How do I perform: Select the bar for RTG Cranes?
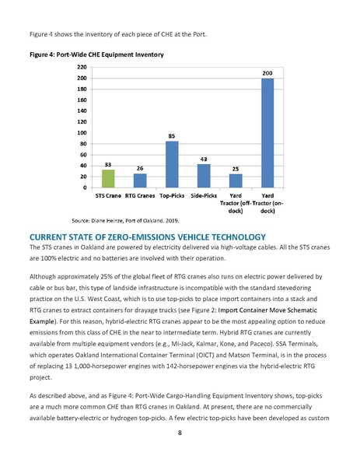point(140,180)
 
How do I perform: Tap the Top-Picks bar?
point(172,164)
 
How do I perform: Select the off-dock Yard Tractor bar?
point(236,180)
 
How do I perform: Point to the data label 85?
point(172,135)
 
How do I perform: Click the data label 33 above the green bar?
point(108,164)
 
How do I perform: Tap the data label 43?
point(204,159)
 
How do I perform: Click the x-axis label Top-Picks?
point(172,197)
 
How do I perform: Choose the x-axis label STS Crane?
point(108,197)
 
